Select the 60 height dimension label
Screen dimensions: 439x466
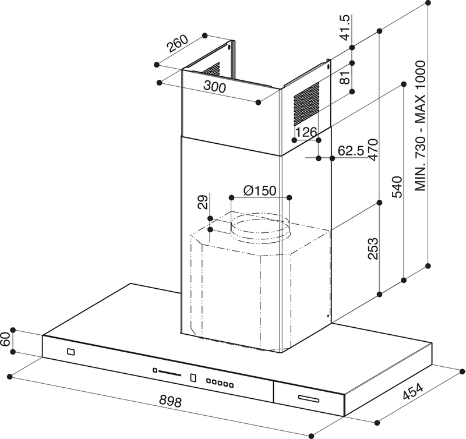(x=6, y=341)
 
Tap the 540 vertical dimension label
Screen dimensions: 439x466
(x=397, y=187)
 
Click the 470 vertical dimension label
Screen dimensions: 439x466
(x=373, y=150)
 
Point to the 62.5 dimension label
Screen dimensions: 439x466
(x=351, y=151)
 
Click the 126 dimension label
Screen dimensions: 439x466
(x=306, y=133)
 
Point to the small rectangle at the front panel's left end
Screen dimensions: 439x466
(x=70, y=352)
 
